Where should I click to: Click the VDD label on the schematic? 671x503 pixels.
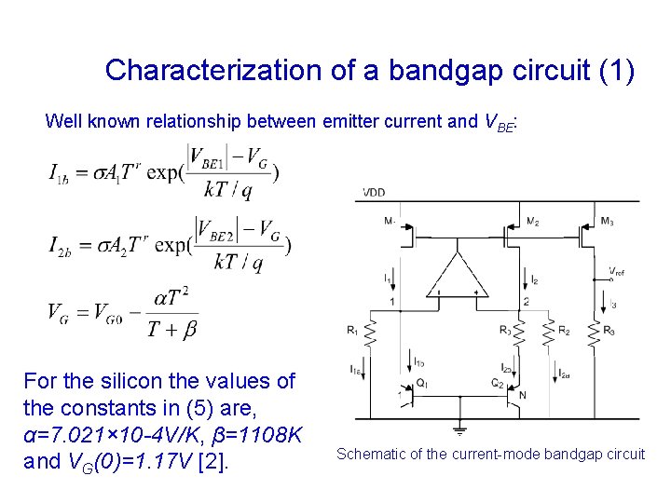coord(374,193)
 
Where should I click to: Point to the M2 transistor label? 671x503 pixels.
coord(532,222)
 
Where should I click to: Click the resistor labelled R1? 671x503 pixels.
coord(370,331)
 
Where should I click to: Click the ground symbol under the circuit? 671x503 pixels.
coord(459,429)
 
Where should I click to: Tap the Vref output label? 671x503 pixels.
coord(616,272)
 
